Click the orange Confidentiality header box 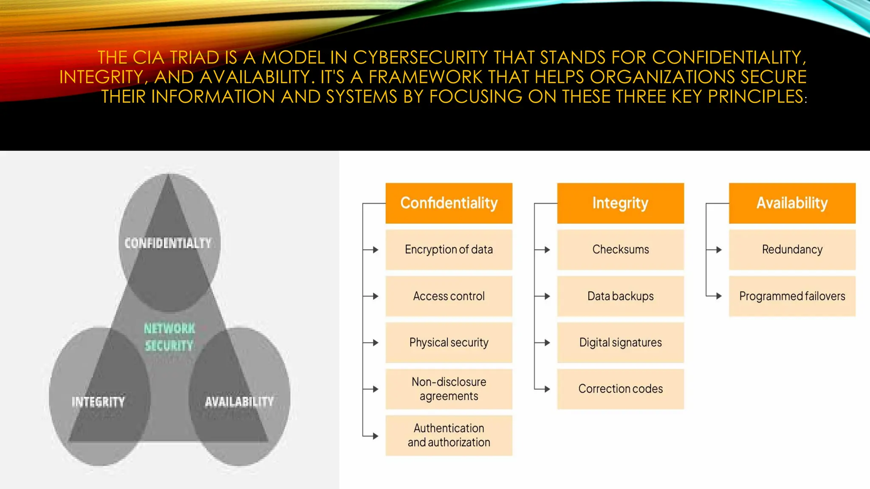point(449,203)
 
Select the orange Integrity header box point(620,203)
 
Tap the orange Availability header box point(792,203)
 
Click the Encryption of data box point(449,250)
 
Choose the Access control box point(449,296)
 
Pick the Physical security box point(449,342)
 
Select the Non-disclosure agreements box point(449,389)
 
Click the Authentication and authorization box point(449,435)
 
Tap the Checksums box point(620,250)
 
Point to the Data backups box point(620,296)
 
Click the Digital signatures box point(620,342)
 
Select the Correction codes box point(620,389)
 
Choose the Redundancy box point(792,250)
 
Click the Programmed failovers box point(792,296)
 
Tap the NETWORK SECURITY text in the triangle point(169,337)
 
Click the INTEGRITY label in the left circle point(98,402)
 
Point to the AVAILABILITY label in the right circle point(239,402)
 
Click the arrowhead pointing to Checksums point(547,250)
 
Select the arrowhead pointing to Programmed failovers point(719,296)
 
